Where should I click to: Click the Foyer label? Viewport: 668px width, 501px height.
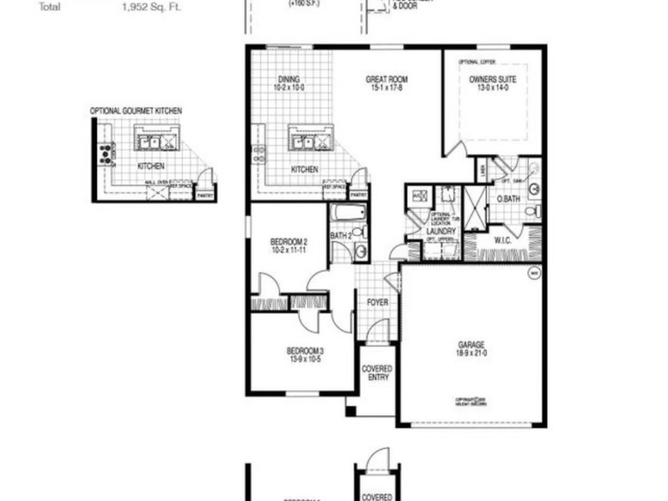(x=377, y=303)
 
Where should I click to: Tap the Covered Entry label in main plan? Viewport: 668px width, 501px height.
(x=378, y=373)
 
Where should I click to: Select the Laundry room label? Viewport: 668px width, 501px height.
(x=440, y=231)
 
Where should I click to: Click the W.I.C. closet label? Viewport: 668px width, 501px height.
(x=503, y=241)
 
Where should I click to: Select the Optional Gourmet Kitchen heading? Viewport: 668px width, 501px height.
(x=136, y=112)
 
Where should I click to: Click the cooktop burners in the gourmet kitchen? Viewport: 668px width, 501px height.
(x=104, y=154)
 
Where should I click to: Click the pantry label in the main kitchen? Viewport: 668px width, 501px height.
(x=357, y=195)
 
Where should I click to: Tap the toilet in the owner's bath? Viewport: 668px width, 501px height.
(x=534, y=211)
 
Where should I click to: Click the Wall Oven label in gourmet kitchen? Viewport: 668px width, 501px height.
(x=157, y=183)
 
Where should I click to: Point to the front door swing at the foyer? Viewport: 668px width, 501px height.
(x=377, y=331)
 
